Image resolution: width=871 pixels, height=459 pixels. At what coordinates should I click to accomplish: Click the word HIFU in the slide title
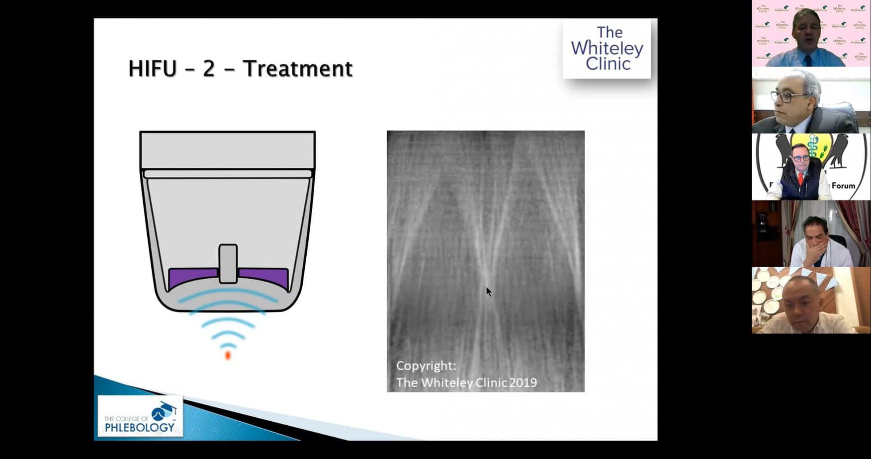(x=152, y=69)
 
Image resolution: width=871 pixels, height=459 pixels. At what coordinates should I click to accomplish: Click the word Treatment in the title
(x=297, y=69)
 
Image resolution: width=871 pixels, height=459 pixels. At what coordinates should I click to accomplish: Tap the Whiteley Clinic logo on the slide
(x=607, y=48)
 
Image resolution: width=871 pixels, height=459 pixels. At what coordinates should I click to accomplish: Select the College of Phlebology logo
(x=140, y=416)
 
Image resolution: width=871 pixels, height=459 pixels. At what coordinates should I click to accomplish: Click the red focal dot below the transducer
(x=228, y=355)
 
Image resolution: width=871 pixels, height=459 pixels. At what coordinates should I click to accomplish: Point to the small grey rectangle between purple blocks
(x=228, y=263)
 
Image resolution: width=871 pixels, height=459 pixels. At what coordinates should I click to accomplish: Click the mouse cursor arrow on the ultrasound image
(x=489, y=292)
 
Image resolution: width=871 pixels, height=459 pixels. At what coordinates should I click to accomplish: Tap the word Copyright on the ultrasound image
(x=426, y=366)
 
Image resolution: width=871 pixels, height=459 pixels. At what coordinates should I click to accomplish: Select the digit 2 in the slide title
(x=209, y=69)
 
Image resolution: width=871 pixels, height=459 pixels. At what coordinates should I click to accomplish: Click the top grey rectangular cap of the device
(x=227, y=150)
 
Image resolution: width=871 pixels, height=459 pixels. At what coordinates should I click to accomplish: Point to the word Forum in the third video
(x=843, y=186)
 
